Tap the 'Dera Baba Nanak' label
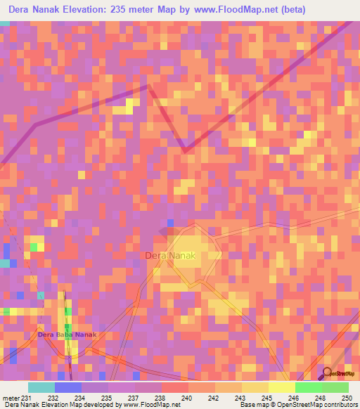coord(66,335)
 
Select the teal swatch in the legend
coord(41,387)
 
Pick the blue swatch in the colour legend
coord(67,387)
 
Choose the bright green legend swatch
coord(309,387)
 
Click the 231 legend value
coord(26,398)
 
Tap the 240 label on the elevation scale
coord(186,398)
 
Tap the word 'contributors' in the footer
coord(339,405)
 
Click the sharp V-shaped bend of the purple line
coord(185,150)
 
